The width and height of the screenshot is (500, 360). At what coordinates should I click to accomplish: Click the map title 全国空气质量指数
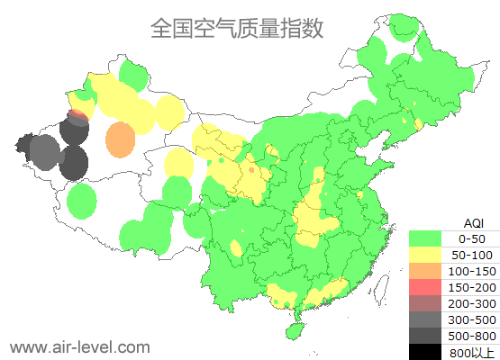[236, 28]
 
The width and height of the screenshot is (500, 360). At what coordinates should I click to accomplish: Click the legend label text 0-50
[472, 238]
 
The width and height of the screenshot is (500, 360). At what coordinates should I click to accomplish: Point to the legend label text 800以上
[472, 352]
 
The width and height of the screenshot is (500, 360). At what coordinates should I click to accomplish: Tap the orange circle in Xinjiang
[120, 140]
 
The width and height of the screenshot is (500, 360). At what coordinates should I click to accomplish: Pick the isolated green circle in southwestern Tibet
[81, 201]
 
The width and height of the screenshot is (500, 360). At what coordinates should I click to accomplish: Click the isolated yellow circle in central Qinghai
[179, 163]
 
